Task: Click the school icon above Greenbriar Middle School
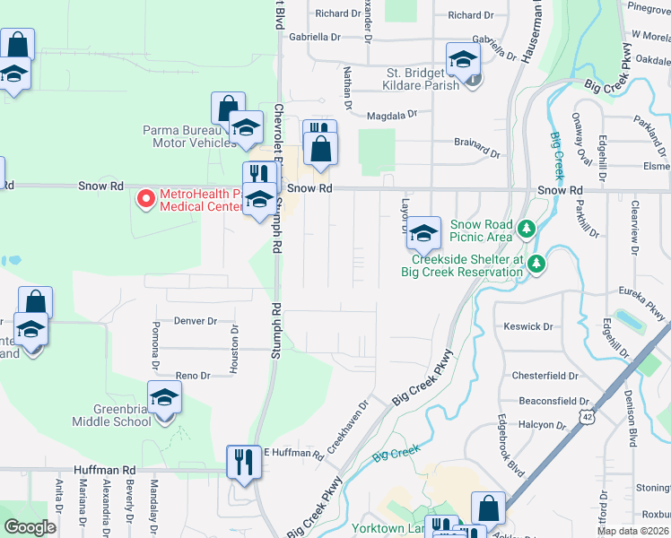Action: [x=164, y=396]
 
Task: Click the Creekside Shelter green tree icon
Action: [x=536, y=264]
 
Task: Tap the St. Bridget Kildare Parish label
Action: [x=414, y=78]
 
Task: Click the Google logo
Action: [x=30, y=527]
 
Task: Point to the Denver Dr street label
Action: [x=196, y=320]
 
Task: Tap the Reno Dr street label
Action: [x=192, y=376]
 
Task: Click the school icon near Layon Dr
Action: [x=424, y=233]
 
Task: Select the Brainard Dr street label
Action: [x=475, y=143]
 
